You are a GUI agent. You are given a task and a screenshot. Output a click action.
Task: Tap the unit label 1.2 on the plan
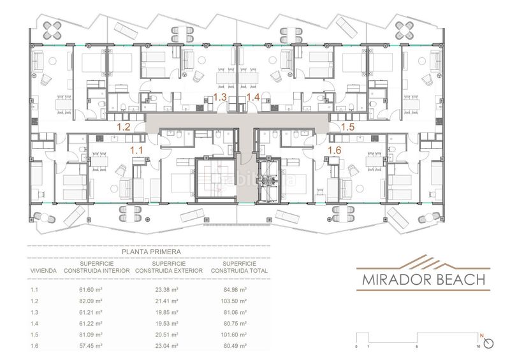pyautogui.click(x=123, y=127)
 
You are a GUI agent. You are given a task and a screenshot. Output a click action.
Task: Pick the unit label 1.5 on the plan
pyautogui.click(x=347, y=127)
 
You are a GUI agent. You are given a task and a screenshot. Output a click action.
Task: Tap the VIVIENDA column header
pyautogui.click(x=44, y=270)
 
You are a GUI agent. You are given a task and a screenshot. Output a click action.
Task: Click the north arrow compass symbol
pyautogui.click(x=488, y=342)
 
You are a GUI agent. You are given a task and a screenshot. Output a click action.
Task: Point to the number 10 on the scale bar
pyautogui.click(x=477, y=347)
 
